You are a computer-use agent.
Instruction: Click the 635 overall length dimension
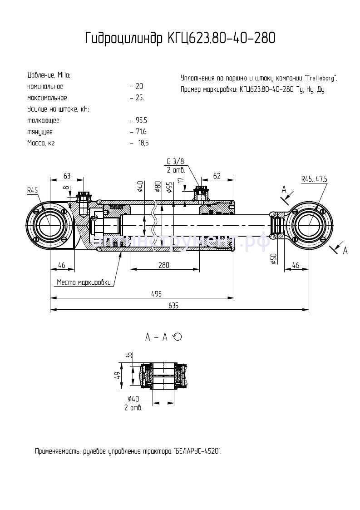(x=173, y=306)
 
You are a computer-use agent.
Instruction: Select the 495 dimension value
(x=156, y=294)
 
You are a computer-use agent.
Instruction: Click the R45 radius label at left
(x=32, y=191)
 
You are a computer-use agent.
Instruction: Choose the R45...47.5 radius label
(x=314, y=179)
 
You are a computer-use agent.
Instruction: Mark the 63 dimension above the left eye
(x=67, y=175)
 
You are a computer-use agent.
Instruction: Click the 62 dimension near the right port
(x=217, y=175)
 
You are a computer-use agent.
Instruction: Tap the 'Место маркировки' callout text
(x=84, y=282)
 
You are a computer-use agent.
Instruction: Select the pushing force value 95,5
(x=141, y=120)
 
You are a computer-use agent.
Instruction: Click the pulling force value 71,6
(x=141, y=132)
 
